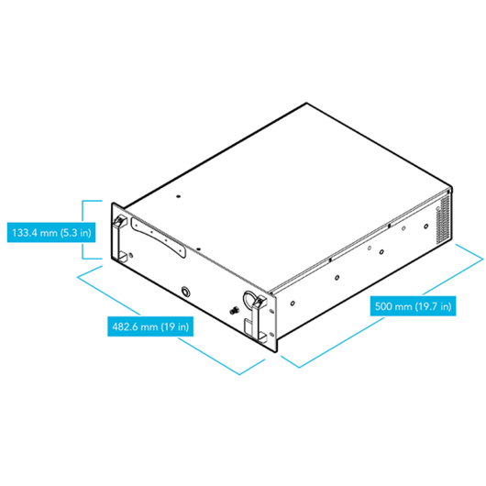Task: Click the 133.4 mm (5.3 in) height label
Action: tap(51, 233)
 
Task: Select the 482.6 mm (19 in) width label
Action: tap(150, 326)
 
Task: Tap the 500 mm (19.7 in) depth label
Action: tap(413, 306)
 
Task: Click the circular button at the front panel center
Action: tap(185, 292)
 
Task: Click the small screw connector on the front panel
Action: tap(235, 310)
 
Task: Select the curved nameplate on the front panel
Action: tap(158, 237)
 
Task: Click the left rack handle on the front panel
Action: tap(120, 238)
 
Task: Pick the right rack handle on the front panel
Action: tap(260, 319)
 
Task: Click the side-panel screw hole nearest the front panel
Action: tap(293, 304)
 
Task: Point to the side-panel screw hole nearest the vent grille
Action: tap(426, 226)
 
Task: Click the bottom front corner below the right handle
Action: tap(276, 351)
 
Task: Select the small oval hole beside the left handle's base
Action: tap(131, 256)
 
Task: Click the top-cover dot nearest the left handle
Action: tap(178, 196)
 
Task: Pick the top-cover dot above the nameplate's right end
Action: tap(199, 249)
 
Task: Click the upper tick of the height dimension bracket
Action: tap(92, 201)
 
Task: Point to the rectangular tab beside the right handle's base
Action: tap(249, 326)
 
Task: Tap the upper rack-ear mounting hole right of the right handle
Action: tap(271, 311)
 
